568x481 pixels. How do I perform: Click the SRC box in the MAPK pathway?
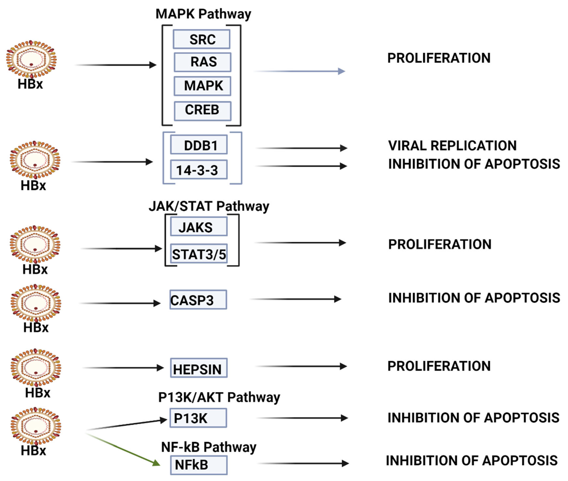pyautogui.click(x=201, y=39)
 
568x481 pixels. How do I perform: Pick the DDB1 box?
pyautogui.click(x=199, y=145)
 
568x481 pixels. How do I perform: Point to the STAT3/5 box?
pyautogui.click(x=199, y=254)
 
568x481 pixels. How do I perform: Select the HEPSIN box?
pyautogui.click(x=199, y=368)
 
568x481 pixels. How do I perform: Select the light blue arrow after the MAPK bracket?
pyautogui.click(x=300, y=71)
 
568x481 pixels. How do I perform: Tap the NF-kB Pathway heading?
pyautogui.click(x=209, y=447)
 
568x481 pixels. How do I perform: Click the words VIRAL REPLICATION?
pyautogui.click(x=452, y=146)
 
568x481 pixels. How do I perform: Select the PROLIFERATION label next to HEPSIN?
pyautogui.click(x=439, y=366)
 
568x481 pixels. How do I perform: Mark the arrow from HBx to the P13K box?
pyautogui.click(x=127, y=425)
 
